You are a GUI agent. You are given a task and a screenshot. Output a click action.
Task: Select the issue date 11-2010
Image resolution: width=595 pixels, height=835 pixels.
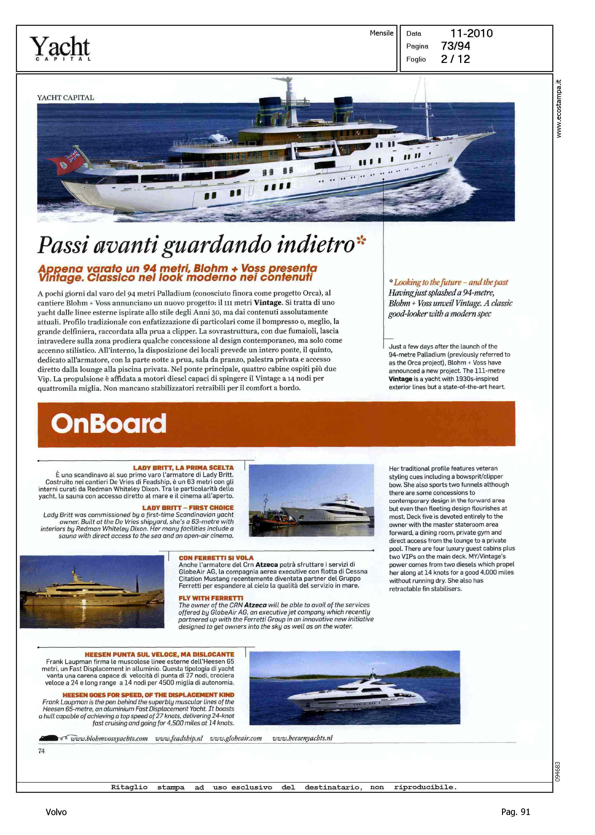coord(471,33)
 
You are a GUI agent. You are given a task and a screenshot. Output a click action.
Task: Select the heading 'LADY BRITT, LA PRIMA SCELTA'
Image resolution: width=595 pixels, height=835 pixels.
coord(183,468)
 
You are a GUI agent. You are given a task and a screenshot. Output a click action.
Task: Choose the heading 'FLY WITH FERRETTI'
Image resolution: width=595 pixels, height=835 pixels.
coord(211,598)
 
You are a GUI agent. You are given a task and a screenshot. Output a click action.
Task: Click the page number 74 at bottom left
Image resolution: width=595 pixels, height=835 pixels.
coord(41,751)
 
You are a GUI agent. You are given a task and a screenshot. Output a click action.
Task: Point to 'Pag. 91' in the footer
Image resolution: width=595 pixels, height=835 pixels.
coord(515,812)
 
